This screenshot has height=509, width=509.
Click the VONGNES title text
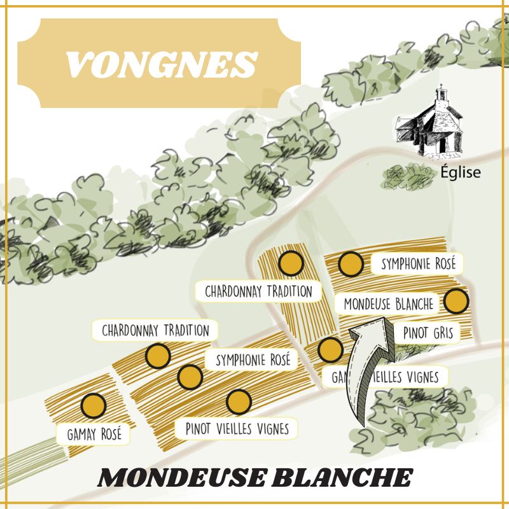160,63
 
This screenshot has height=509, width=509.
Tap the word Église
461,172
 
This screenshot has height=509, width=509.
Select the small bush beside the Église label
407,176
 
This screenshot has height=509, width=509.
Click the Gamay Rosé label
94,435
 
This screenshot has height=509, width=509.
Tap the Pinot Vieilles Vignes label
237,428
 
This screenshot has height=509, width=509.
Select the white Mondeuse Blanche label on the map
389,304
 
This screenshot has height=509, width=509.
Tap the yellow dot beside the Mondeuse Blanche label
456,301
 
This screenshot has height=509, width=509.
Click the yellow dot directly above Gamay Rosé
94,405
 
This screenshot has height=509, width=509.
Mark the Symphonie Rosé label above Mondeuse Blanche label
418,265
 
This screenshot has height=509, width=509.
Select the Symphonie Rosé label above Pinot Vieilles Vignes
253,360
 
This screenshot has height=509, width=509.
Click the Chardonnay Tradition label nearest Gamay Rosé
155,330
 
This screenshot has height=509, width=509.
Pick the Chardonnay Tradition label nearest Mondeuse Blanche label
259,291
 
